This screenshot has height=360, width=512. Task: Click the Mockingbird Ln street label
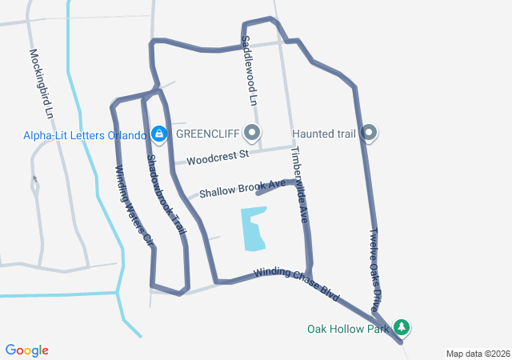click(41, 84)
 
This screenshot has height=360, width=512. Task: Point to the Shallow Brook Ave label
click(242, 189)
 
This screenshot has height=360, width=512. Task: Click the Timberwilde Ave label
click(298, 183)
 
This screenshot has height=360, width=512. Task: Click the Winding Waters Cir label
click(134, 205)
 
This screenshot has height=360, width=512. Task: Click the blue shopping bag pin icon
click(158, 133)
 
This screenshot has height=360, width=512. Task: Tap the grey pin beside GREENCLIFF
click(253, 133)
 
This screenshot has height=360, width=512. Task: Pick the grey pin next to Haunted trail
click(369, 133)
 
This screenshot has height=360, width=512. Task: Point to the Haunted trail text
click(324, 133)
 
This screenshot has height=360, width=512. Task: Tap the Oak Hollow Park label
click(348, 328)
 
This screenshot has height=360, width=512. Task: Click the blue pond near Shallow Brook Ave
click(254, 228)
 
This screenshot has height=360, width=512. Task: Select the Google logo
click(27, 350)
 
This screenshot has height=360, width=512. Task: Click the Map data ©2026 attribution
click(477, 354)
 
